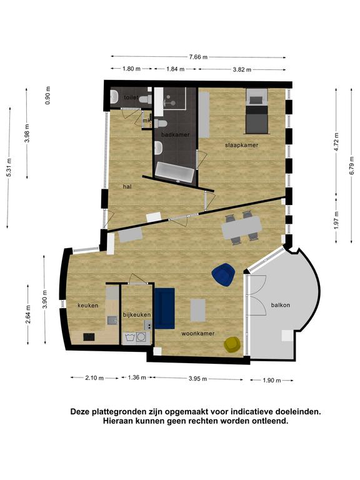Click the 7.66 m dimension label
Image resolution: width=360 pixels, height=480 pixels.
click(x=198, y=57)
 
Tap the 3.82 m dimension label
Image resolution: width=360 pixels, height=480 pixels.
click(x=242, y=69)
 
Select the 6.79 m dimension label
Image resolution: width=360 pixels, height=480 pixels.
click(x=351, y=165)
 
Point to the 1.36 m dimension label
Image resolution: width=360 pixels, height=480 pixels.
click(x=137, y=377)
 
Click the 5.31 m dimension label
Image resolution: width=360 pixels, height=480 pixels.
click(x=9, y=167)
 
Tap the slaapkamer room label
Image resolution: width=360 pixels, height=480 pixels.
click(x=241, y=145)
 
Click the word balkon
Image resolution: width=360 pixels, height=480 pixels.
click(x=281, y=305)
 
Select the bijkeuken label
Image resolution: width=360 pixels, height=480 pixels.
click(x=137, y=315)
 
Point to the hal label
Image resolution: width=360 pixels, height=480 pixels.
click(x=127, y=186)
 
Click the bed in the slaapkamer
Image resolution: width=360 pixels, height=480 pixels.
click(x=257, y=111)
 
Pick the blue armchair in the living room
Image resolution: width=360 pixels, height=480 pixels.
click(x=224, y=274)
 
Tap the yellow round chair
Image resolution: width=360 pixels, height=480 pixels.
click(x=233, y=345)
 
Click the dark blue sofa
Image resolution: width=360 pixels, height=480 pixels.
click(x=165, y=308)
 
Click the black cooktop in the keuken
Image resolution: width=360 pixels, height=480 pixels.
click(x=89, y=337)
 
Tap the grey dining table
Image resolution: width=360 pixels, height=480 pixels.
click(x=242, y=227)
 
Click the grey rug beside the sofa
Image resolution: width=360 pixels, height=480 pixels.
click(x=197, y=310)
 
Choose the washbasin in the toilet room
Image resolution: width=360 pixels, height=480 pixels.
click(x=114, y=97)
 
